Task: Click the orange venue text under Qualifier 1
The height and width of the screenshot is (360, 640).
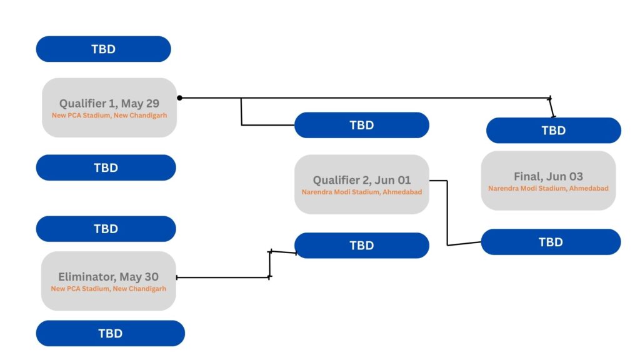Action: [x=109, y=116]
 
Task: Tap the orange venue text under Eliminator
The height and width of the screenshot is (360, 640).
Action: [x=109, y=289]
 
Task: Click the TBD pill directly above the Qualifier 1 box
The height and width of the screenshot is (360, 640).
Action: [x=103, y=49]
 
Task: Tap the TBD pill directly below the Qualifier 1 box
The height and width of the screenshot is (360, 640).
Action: [x=106, y=167]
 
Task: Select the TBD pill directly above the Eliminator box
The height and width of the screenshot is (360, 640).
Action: [x=106, y=229]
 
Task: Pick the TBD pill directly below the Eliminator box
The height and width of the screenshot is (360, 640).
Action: [x=110, y=333]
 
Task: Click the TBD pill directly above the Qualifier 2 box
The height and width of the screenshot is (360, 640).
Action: [x=362, y=125]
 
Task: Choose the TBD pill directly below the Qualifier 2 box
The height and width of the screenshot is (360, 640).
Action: [x=362, y=245]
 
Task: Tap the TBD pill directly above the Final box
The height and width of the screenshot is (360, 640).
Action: [x=554, y=130]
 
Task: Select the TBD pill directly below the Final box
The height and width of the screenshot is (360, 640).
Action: [x=551, y=242]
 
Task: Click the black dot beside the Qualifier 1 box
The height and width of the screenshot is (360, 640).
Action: [x=179, y=98]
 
